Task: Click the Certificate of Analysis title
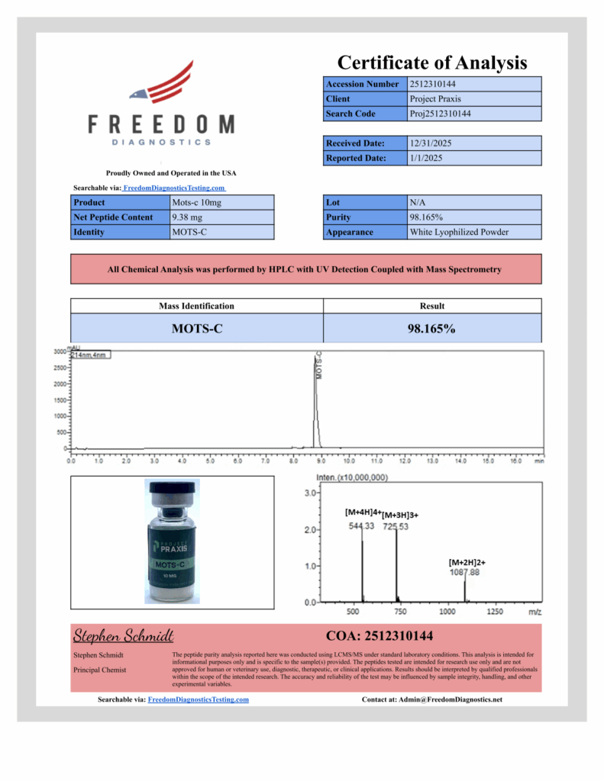432,63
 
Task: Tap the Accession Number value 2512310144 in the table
433,84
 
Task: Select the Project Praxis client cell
435,98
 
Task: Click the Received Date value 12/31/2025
432,143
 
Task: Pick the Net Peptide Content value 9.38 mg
188,217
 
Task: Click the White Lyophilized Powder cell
458,232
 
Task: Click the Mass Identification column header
196,306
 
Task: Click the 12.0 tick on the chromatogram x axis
404,461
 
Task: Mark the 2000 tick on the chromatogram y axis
57,384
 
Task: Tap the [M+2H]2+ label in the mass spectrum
467,562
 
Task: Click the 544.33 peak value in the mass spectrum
361,526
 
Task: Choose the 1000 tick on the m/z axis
447,612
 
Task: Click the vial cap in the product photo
171,491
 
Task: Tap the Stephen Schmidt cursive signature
124,636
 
